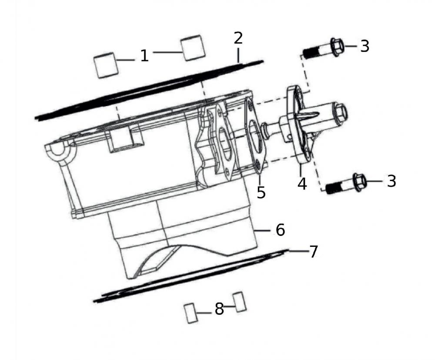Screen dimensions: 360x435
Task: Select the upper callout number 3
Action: [x=365, y=46]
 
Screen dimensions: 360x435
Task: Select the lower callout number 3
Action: [x=391, y=181]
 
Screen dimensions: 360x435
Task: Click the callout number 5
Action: [x=261, y=192]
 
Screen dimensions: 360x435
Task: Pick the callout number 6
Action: [x=280, y=229]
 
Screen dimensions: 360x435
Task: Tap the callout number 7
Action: [x=313, y=252]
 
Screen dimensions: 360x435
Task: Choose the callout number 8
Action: [x=219, y=309]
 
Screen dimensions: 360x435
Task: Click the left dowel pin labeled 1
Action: [x=106, y=65]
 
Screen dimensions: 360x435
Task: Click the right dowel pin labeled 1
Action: [x=192, y=48]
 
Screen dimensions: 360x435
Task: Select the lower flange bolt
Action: [x=346, y=184]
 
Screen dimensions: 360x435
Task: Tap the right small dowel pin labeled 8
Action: [x=240, y=302]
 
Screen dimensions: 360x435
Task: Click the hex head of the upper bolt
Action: [x=337, y=46]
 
